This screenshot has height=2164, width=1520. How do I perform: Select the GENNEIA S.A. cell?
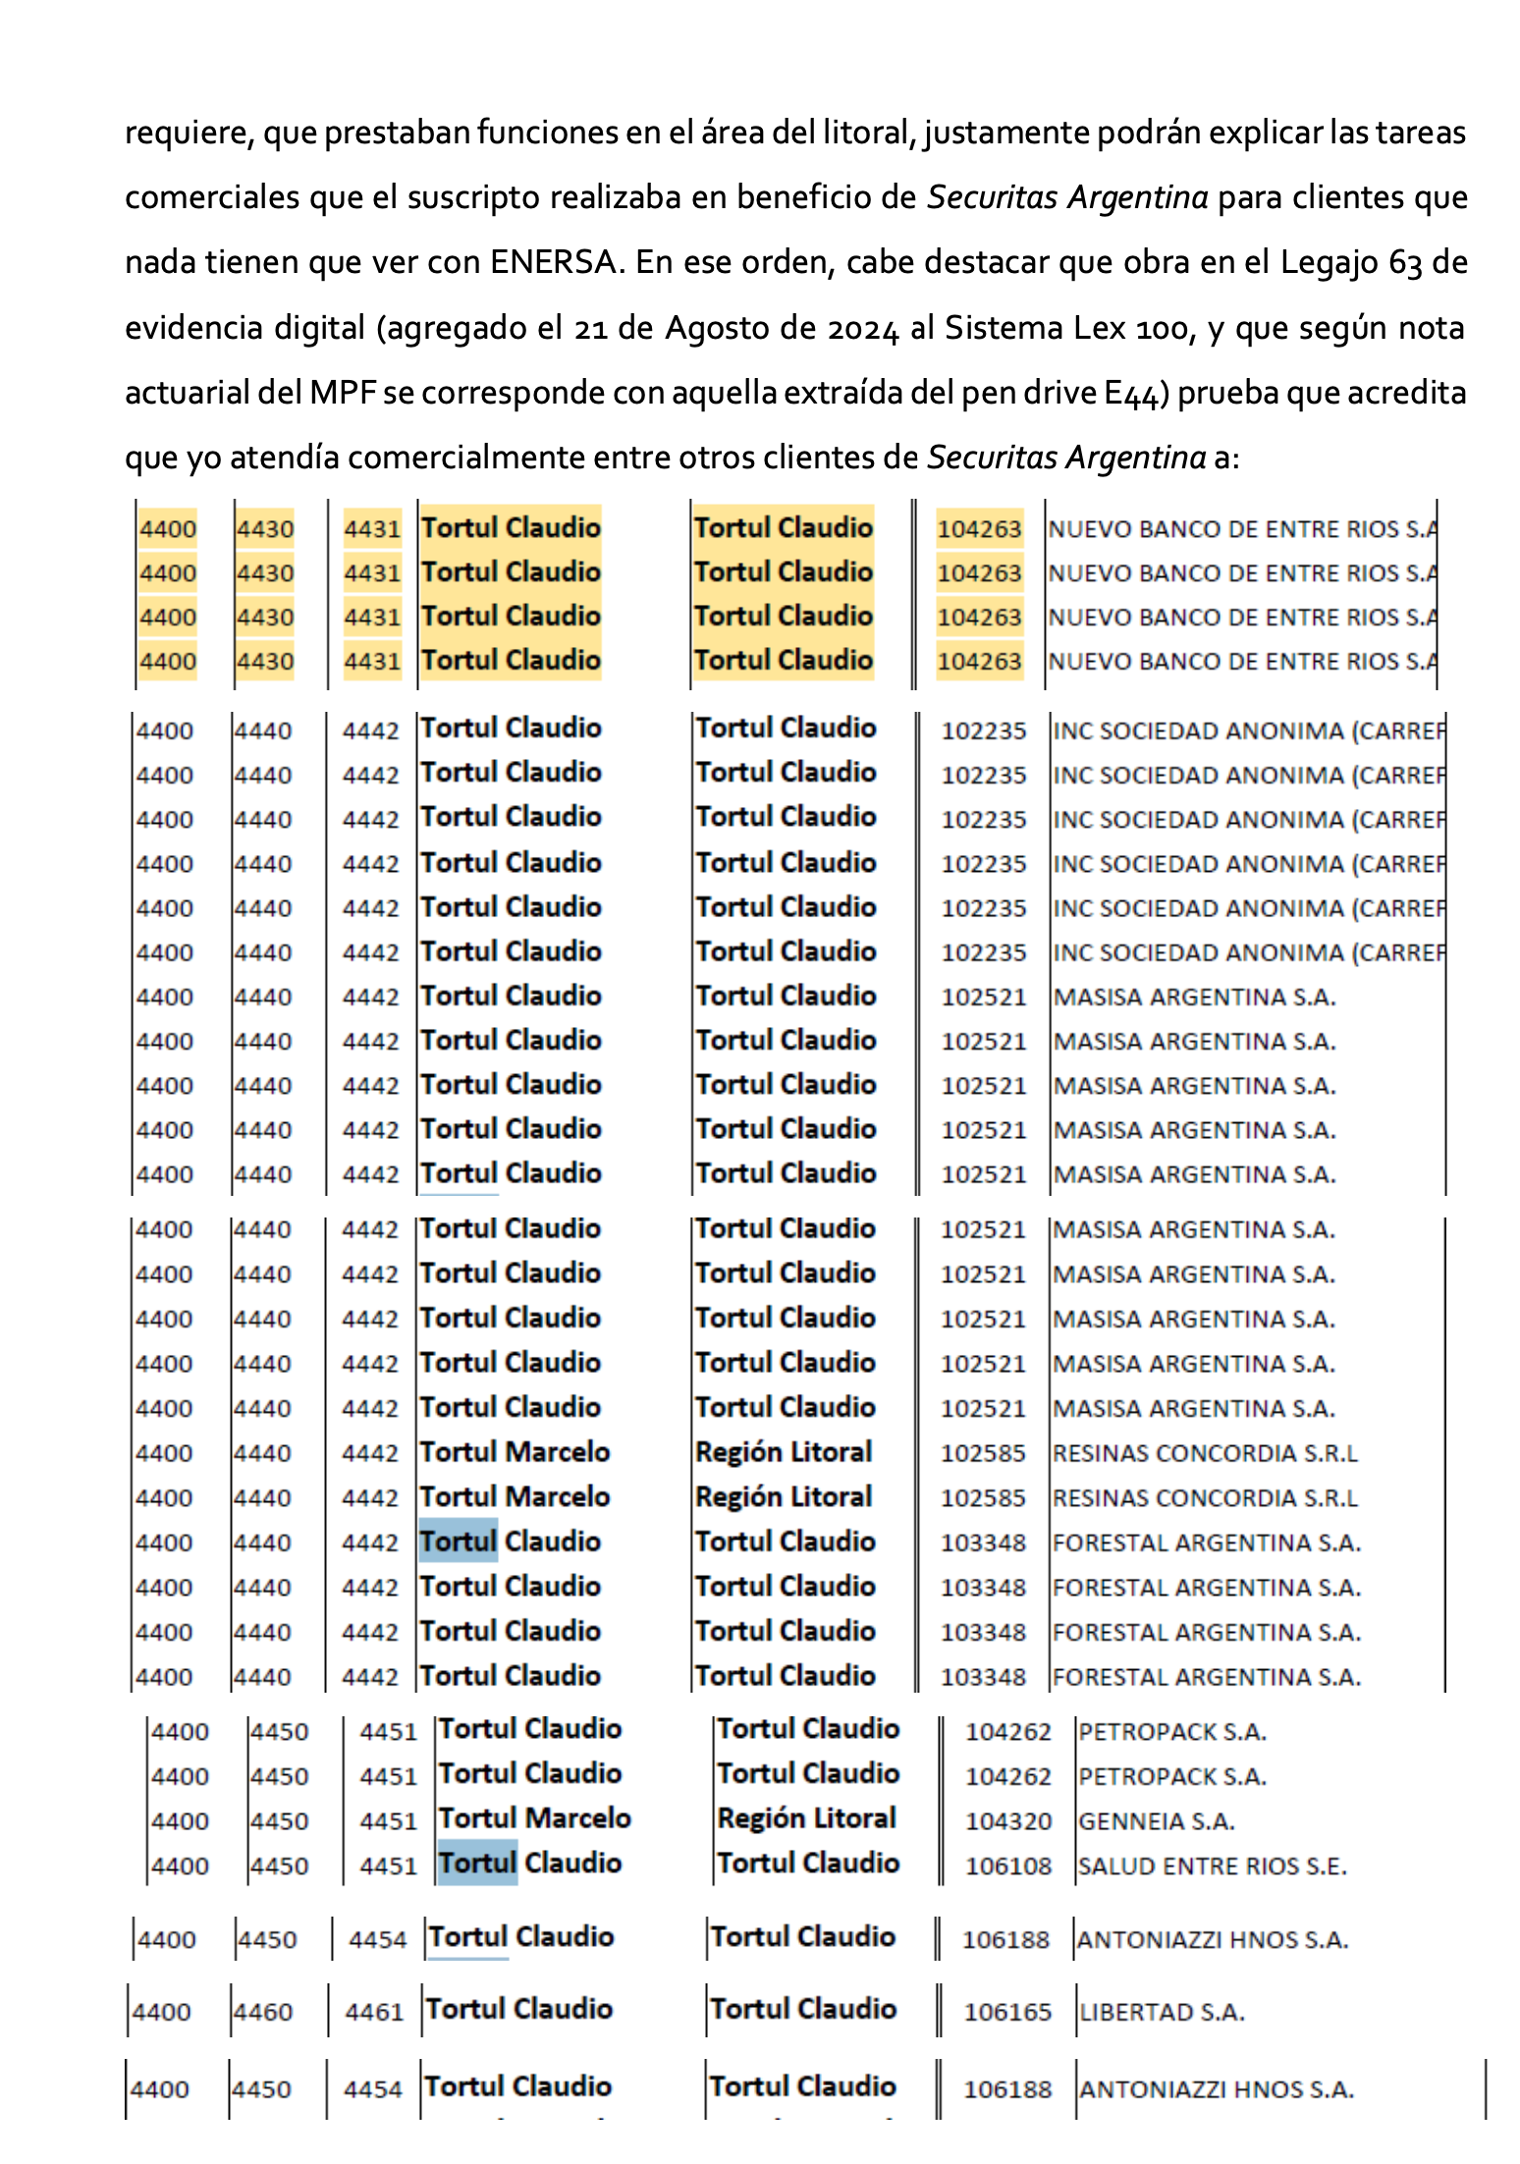pos(1156,1821)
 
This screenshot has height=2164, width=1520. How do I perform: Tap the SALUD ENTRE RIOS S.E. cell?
pos(1212,1866)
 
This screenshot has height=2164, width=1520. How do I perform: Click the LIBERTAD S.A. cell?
pos(1162,2012)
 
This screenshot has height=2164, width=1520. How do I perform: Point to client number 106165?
pos(1007,2012)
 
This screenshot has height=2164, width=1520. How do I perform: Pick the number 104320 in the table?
pos(1007,1821)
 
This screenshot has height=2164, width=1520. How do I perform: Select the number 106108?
pos(1007,1866)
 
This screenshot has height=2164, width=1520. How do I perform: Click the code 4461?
pos(374,2012)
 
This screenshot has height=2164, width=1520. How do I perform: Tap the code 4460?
pos(263,2012)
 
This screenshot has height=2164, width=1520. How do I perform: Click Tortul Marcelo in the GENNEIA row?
pos(534,1818)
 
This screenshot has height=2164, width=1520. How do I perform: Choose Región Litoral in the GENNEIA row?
pos(806,1818)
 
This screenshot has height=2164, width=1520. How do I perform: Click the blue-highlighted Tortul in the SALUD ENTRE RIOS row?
pos(477,1863)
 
